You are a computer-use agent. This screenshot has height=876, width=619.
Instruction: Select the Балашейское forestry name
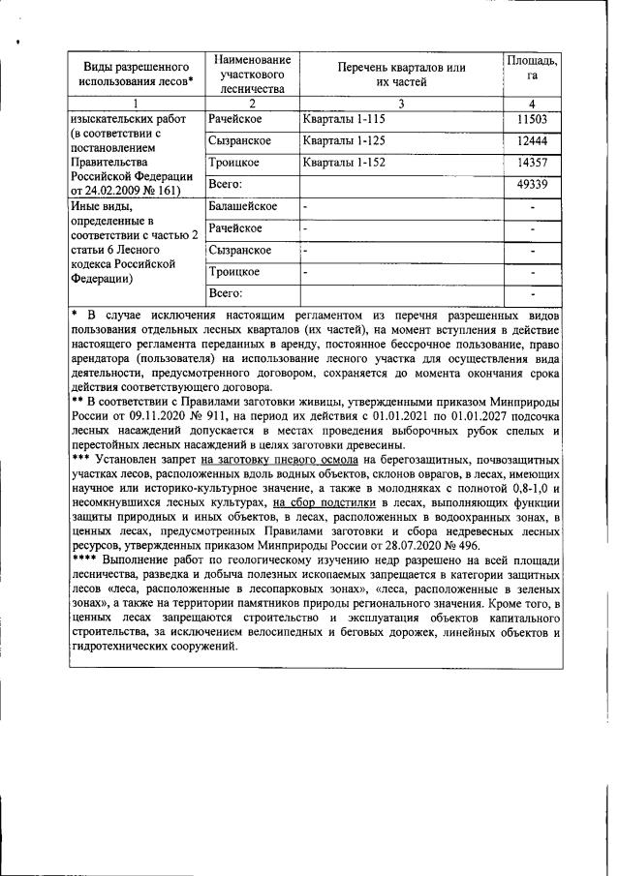point(243,206)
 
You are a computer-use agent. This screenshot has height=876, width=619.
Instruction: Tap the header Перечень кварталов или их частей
point(401,75)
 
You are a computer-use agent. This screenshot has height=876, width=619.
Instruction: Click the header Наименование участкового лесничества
point(250,75)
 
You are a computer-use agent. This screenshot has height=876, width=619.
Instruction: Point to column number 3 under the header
point(401,103)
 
